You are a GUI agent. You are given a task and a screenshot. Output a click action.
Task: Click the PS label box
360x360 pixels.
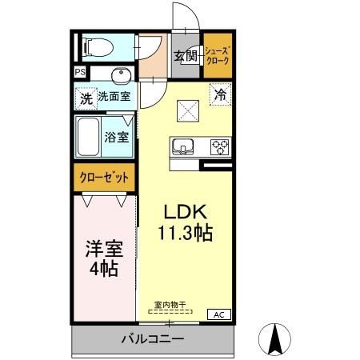[79, 73]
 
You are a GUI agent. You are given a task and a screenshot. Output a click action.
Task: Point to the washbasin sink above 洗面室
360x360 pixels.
[121, 76]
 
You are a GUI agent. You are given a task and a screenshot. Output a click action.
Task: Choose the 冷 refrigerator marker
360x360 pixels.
[220, 94]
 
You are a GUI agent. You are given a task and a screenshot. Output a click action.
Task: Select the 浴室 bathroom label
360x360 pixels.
[117, 137]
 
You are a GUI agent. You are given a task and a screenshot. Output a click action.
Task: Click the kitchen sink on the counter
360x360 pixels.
[183, 146]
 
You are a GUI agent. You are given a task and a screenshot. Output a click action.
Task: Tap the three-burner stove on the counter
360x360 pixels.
[219, 146]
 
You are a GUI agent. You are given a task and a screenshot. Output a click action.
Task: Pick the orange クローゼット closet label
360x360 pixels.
[105, 178]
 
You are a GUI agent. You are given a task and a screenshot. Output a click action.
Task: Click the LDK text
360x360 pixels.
[186, 213]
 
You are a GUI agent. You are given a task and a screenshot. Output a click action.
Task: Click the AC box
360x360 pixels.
[218, 314]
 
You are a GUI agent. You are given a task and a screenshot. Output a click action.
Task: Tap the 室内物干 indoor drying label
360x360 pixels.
[170, 305]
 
